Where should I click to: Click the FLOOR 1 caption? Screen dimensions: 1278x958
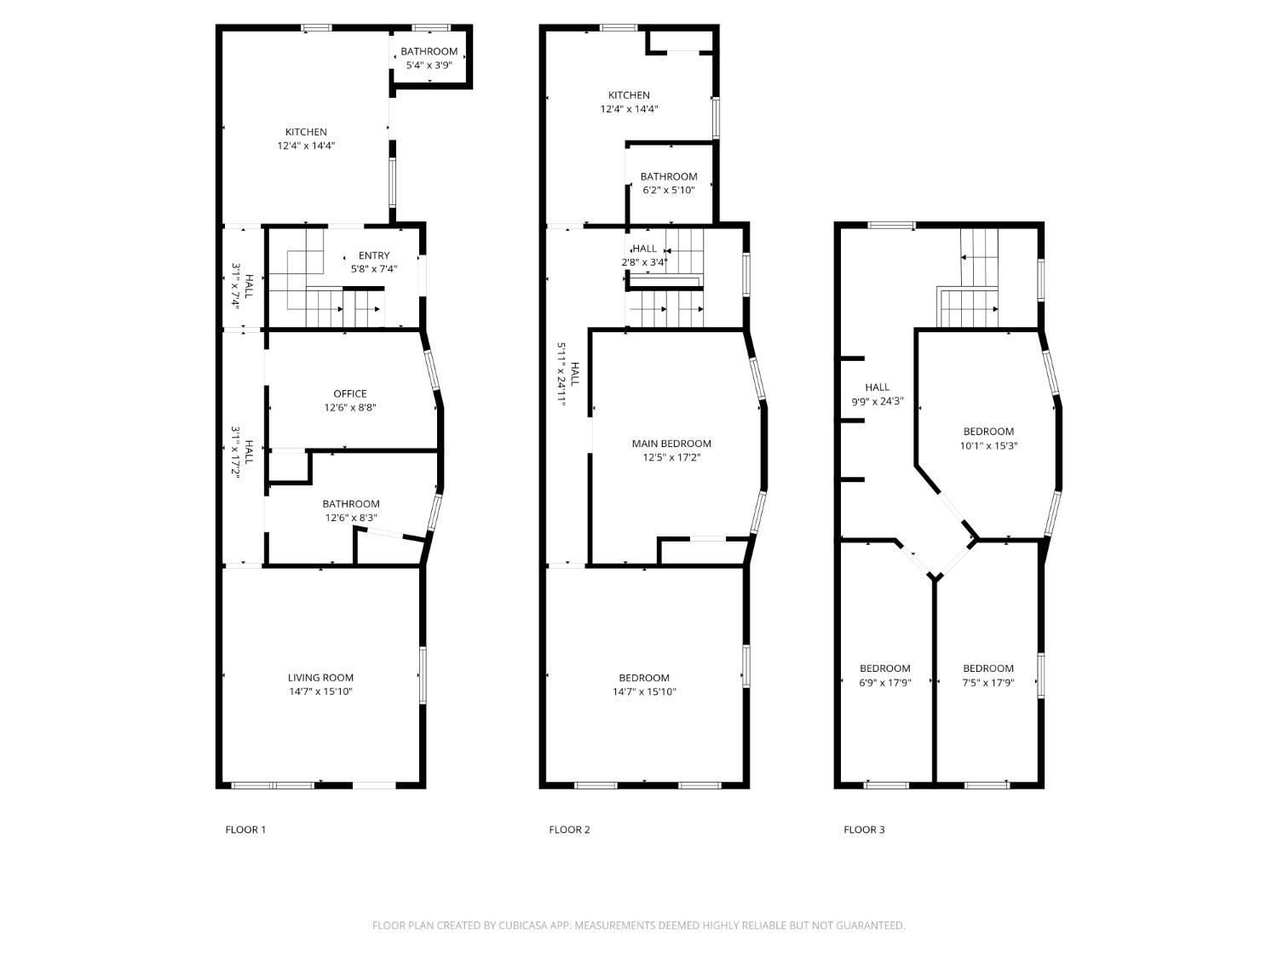tap(245, 829)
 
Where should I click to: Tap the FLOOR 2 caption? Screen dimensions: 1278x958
tap(569, 829)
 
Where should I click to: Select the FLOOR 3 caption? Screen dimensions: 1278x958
tap(863, 829)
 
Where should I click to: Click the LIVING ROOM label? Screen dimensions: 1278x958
tap(320, 677)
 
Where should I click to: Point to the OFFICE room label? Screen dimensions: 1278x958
tap(350, 393)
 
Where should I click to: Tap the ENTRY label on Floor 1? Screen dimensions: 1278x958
tap(374, 255)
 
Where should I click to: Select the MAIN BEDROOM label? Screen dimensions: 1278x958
tap(671, 443)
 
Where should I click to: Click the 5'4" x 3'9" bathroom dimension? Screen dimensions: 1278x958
tap(429, 66)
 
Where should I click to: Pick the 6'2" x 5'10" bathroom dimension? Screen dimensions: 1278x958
tap(669, 190)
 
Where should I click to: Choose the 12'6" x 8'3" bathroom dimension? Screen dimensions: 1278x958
tap(350, 518)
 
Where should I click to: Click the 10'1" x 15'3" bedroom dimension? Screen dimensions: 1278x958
tap(988, 445)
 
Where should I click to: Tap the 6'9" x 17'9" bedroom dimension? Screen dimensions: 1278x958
tap(885, 682)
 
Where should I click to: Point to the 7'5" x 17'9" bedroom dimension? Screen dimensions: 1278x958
tap(988, 682)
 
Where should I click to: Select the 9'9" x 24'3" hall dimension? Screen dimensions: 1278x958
tap(877, 401)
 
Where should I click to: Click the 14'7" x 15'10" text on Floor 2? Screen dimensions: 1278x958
tap(644, 691)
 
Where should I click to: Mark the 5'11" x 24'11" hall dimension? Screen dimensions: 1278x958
tap(561, 374)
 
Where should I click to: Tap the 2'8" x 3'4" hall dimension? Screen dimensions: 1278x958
tap(644, 262)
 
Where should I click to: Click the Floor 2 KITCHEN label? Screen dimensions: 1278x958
tap(629, 95)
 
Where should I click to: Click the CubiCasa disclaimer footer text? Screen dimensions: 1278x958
tap(638, 925)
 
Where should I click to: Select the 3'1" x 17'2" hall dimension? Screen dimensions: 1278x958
tap(236, 452)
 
